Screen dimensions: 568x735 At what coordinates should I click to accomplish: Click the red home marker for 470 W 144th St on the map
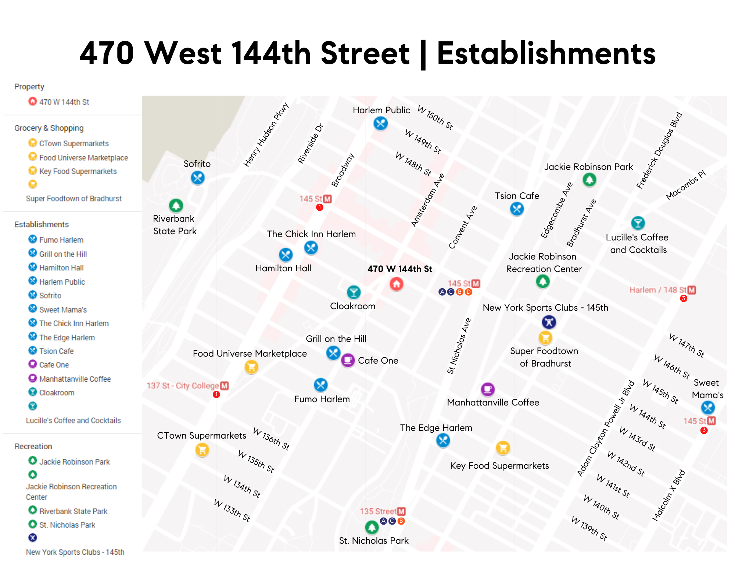coord(396,284)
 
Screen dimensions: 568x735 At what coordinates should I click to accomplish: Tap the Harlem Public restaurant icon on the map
coord(380,123)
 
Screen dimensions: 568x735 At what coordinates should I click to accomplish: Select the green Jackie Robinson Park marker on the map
coord(589,180)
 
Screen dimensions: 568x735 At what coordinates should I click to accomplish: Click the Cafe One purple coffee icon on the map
coord(348,360)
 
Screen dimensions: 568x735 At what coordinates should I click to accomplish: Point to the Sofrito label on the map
coord(197,164)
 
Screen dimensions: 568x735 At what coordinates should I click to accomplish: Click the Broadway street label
coord(343,170)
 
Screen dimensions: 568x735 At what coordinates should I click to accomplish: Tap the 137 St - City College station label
coord(183,386)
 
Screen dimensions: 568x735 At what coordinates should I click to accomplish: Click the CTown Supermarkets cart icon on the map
coord(202,450)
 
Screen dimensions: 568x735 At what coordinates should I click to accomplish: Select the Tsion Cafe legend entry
coord(56,351)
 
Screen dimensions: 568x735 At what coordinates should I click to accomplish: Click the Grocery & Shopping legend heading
coord(49,128)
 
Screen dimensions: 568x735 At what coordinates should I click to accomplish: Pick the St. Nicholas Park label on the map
coord(374,540)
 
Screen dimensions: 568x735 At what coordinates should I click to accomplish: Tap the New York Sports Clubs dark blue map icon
coord(549,322)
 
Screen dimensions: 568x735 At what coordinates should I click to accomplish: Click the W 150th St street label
coord(435,118)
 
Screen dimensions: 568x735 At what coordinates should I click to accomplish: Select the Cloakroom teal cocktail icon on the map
coord(354,292)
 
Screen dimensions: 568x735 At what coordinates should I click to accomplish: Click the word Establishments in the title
coord(546,54)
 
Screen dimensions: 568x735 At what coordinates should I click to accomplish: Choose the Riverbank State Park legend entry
coord(73,511)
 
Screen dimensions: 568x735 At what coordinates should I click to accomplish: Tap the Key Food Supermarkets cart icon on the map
coord(503,447)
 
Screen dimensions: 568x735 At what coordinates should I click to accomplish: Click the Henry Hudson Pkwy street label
coord(266,135)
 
